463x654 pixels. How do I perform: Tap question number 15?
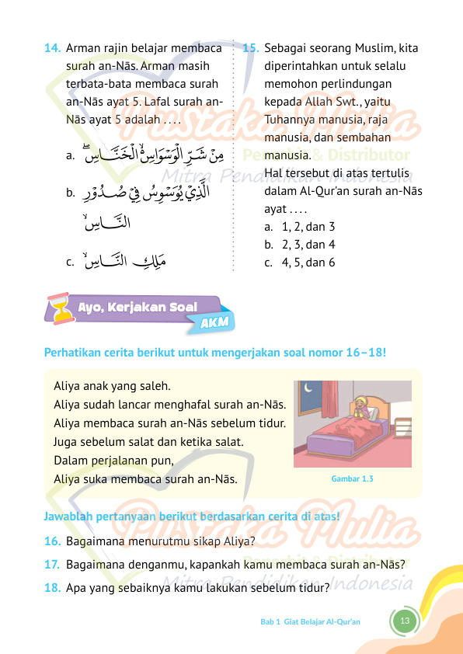click(251, 48)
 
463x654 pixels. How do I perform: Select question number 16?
click(53, 541)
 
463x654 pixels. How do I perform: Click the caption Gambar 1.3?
click(352, 478)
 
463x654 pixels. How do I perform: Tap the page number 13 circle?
click(404, 621)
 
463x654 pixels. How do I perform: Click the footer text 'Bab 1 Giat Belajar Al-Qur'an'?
click(310, 622)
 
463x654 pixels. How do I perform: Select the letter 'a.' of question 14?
click(71, 156)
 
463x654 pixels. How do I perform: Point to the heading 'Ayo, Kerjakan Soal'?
click(137, 307)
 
